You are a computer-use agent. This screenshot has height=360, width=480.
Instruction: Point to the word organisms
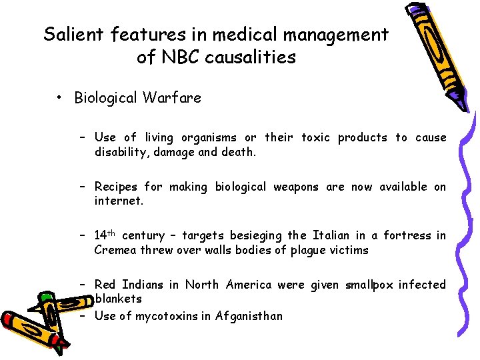208,137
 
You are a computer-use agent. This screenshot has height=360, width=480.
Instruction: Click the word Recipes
117,187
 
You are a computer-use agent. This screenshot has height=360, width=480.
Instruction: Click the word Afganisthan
249,315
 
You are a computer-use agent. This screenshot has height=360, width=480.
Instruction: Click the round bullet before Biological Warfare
60,98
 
